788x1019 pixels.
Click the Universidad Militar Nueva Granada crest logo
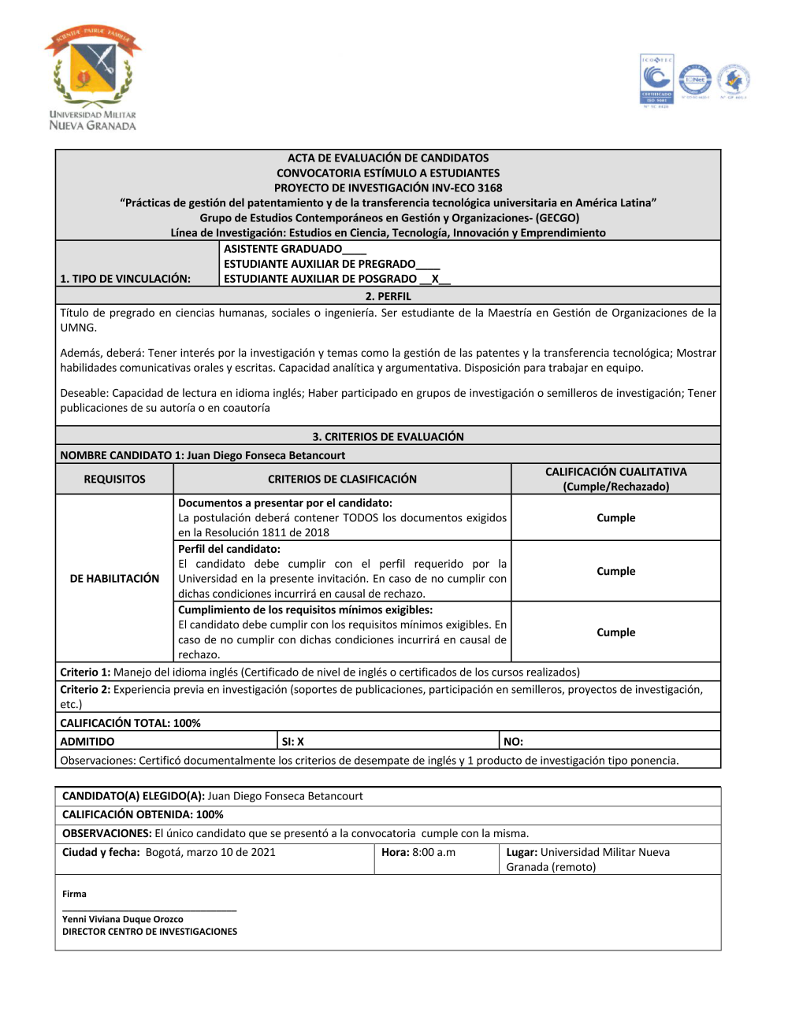(93, 77)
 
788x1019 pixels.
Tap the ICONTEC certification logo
(656, 80)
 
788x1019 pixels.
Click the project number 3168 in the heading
(489, 188)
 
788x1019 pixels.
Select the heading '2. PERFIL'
(388, 297)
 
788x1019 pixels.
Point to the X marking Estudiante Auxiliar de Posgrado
(435, 279)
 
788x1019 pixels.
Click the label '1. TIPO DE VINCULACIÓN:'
(125, 279)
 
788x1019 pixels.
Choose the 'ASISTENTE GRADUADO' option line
(284, 249)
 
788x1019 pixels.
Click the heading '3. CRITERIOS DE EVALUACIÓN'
(388, 437)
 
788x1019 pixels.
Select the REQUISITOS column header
(115, 479)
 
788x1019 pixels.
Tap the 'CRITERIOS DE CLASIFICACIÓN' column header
(342, 479)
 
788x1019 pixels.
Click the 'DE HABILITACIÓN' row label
(115, 579)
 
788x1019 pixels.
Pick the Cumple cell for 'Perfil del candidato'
(615, 572)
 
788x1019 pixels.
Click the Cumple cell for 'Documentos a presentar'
(615, 518)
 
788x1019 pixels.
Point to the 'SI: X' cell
(293, 742)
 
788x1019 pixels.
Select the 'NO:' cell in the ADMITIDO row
(513, 742)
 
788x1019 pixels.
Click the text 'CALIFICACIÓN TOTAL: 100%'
(131, 723)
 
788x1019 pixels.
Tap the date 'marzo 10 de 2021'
(232, 852)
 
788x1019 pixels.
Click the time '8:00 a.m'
(434, 852)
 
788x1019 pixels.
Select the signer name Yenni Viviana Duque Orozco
(123, 919)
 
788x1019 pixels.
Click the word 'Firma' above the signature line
(75, 894)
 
